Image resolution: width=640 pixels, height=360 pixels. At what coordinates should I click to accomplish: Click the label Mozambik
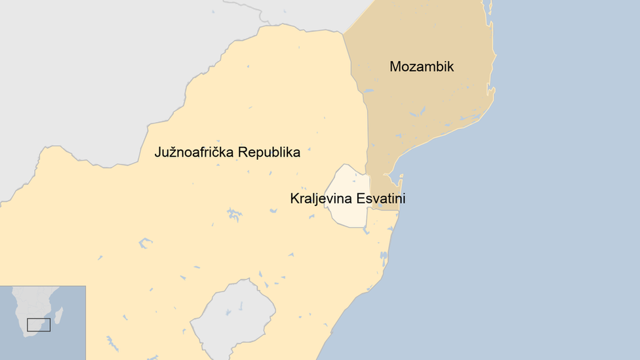point(422,67)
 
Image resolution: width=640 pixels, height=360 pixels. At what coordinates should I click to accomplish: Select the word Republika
point(269,153)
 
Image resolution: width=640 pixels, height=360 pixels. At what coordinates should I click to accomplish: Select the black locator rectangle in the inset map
point(39,325)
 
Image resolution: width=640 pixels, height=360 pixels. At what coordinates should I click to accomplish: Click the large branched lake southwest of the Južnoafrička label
point(233,214)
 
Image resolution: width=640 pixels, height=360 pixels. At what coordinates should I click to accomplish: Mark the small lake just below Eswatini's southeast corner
point(367,231)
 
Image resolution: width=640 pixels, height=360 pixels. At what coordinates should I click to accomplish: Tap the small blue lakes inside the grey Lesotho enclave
point(240,307)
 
